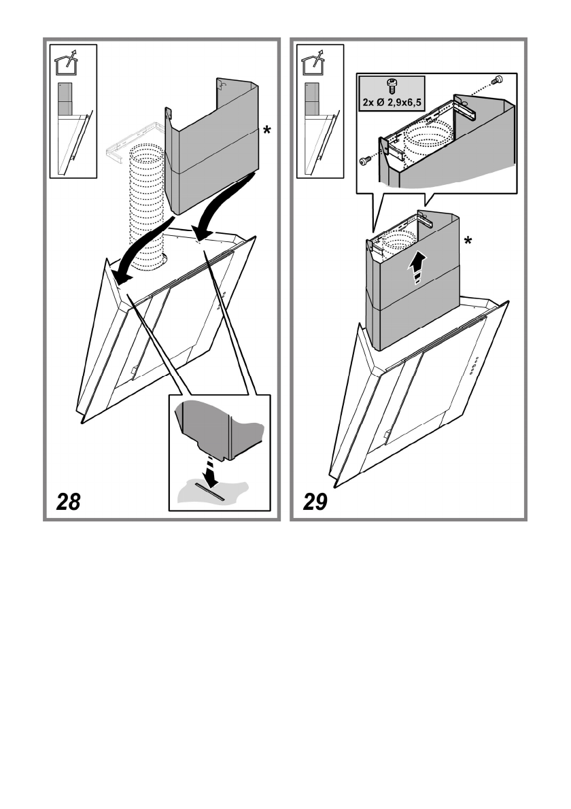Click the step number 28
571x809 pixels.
(x=68, y=502)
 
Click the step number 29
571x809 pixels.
(x=313, y=502)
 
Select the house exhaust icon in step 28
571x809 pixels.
(x=67, y=63)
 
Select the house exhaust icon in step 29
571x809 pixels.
(x=313, y=63)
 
